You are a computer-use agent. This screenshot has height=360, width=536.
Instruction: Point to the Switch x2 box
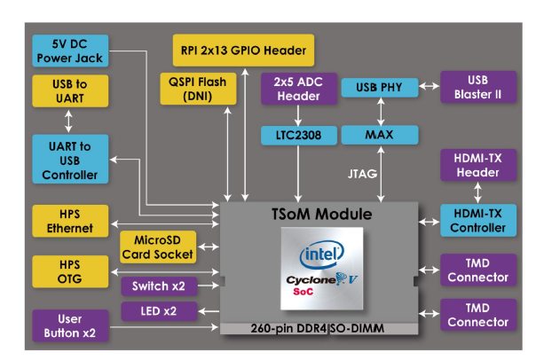158,286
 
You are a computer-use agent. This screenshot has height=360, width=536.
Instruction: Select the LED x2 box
158,310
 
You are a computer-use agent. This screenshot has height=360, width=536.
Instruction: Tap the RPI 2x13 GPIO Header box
243,50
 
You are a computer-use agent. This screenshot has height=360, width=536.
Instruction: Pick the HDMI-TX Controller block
477,221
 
